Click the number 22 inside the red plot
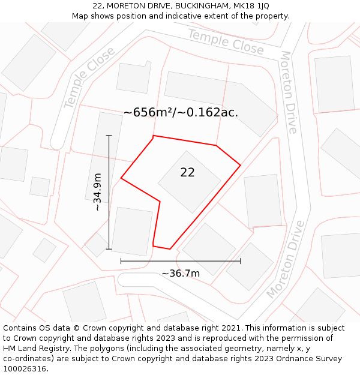pyautogui.click(x=187, y=173)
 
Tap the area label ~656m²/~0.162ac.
pyautogui.click(x=181, y=112)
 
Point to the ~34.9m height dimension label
pyautogui.click(x=97, y=191)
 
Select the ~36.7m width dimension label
pyautogui.click(x=181, y=274)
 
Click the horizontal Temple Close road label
pyautogui.click(x=226, y=41)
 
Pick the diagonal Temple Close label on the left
pyautogui.click(x=89, y=77)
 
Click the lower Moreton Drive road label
pyautogui.click(x=286, y=259)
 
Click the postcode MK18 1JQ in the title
pyautogui.click(x=250, y=6)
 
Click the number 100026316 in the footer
pyautogui.click(x=25, y=369)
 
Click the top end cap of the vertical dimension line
pyautogui.click(x=109, y=136)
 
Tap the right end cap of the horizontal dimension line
pyautogui.click(x=241, y=261)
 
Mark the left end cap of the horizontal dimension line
pyautogui.click(x=121, y=261)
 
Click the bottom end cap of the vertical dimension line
pyautogui.click(x=109, y=249)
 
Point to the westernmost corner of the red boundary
pyautogui.click(x=121, y=178)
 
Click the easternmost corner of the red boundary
pyautogui.click(x=241, y=165)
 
